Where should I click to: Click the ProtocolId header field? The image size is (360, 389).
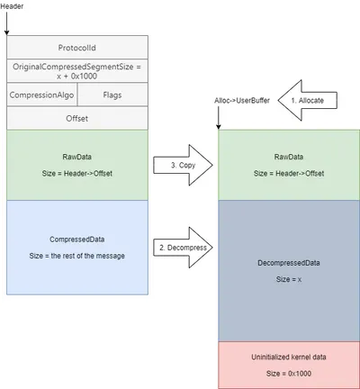coord(77,48)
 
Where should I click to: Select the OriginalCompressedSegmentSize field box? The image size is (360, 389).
coord(77,71)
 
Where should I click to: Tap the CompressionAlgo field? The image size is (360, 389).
coord(42,95)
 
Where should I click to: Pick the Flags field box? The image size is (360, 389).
coord(112,95)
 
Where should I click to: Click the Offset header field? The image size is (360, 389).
coord(77,118)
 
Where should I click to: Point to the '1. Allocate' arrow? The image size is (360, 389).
coord(308,100)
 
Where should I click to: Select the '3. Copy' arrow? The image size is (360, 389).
coord(183,165)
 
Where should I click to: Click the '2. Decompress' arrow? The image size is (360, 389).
coord(183,248)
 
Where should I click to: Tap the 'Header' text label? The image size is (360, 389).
coord(12,6)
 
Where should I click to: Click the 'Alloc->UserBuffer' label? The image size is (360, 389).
coord(242,101)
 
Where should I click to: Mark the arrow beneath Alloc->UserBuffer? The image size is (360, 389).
coord(219,118)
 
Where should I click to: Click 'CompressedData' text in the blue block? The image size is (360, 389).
coord(77,240)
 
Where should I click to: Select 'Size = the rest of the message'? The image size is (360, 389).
coord(77,256)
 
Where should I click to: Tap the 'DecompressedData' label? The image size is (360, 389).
coord(289,263)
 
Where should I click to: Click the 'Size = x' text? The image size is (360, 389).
coord(289,279)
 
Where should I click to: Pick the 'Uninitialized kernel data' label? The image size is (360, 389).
coord(289,357)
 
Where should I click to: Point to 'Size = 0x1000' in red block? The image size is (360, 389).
coord(289,374)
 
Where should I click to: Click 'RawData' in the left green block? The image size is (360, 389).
coord(77,157)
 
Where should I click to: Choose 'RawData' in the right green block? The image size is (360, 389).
coord(289,157)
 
